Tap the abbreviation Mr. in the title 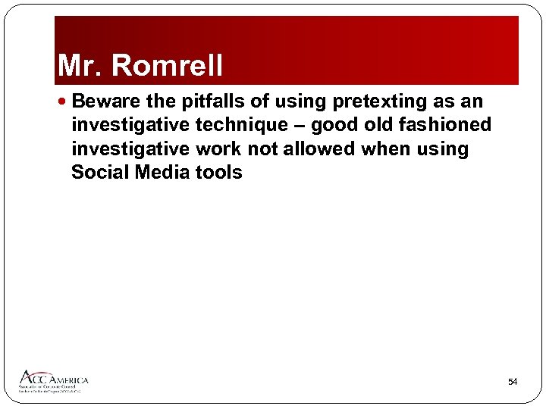pos(82,66)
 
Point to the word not pos(263,148)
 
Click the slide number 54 pos(513,382)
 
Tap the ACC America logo pos(53,380)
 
